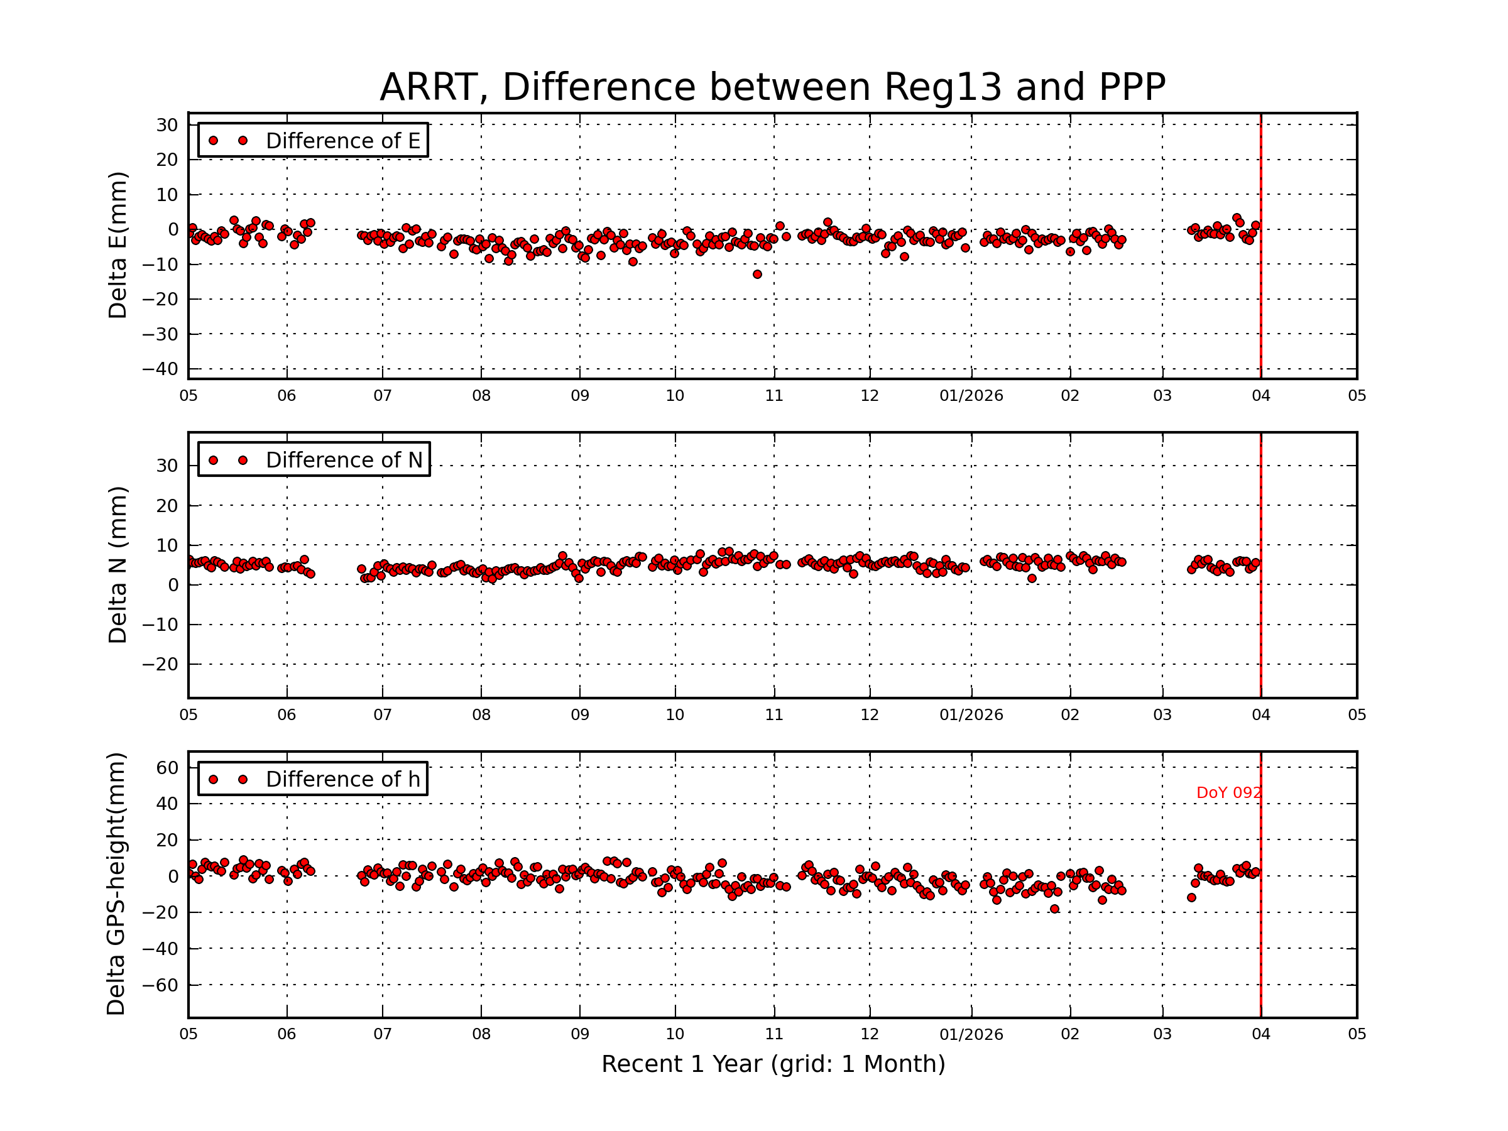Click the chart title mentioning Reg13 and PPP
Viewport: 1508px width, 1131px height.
click(772, 87)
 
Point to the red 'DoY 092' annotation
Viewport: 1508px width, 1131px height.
click(1228, 793)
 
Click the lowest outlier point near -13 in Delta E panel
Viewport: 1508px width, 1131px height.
click(757, 274)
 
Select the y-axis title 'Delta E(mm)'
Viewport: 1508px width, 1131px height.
click(117, 245)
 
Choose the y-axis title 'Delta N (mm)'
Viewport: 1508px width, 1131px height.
click(117, 564)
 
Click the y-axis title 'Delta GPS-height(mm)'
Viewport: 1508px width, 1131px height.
click(116, 883)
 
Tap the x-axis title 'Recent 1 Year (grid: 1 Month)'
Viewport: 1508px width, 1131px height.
click(773, 1064)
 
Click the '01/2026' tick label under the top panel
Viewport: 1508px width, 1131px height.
click(971, 396)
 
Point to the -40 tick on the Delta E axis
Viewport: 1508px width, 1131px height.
click(160, 369)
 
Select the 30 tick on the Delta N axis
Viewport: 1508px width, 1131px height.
click(167, 466)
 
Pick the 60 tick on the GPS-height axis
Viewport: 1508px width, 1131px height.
click(167, 768)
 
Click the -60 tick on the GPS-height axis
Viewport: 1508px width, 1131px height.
click(160, 985)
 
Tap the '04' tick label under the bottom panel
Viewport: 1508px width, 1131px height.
click(1260, 1034)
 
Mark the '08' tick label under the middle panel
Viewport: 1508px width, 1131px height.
click(481, 715)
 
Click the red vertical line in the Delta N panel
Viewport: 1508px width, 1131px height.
click(1260, 566)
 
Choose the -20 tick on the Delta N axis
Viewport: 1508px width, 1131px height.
click(160, 664)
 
